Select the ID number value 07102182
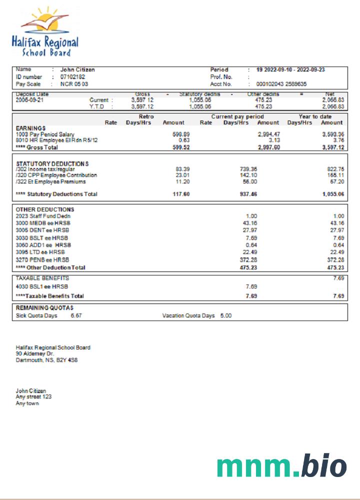click(x=72, y=77)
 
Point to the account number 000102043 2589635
click(x=281, y=84)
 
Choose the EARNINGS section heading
click(x=31, y=128)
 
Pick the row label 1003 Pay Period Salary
click(x=44, y=134)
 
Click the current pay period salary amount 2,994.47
click(x=268, y=134)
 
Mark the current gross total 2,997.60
click(x=268, y=147)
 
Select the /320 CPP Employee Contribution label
click(x=56, y=175)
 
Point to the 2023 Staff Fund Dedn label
click(x=43, y=215)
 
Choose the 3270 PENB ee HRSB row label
click(x=42, y=260)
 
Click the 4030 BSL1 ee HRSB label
click(x=42, y=286)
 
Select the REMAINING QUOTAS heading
click(x=44, y=308)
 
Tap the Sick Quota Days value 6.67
click(x=76, y=315)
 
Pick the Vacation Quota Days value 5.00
click(x=226, y=315)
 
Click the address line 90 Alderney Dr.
click(x=35, y=353)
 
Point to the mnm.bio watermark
click(x=281, y=465)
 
